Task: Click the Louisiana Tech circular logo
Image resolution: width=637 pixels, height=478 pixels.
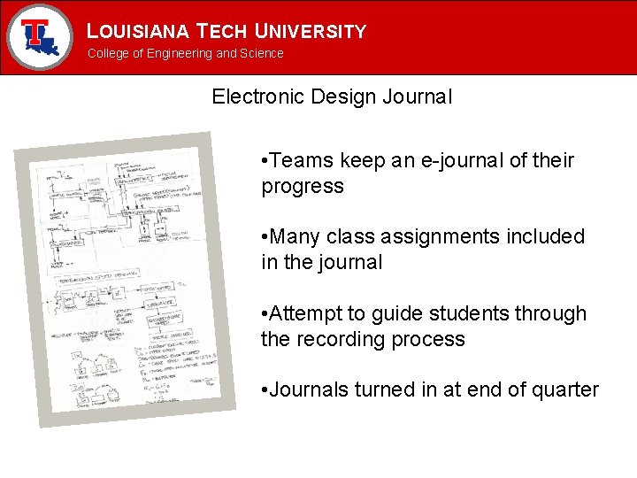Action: pos(40,37)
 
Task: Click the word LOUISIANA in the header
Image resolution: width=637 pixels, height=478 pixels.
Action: pos(138,32)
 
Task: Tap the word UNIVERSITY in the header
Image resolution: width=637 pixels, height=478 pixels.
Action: pos(310,32)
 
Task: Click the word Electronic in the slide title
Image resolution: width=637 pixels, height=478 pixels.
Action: pos(257,97)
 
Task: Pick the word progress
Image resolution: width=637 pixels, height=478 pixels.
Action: pos(303,187)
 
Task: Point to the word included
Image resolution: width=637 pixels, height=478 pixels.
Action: pos(549,237)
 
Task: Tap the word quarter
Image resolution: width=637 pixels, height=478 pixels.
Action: pos(566,390)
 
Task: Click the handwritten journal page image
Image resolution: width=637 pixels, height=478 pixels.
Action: pos(125,279)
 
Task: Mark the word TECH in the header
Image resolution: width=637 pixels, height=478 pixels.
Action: pos(222,32)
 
